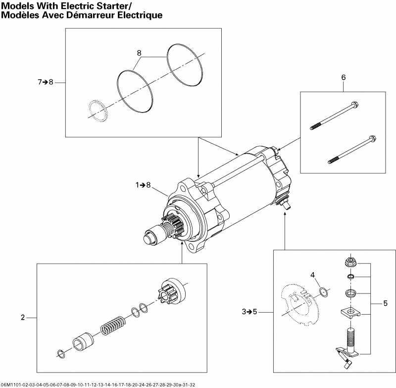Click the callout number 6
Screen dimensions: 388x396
pyautogui.click(x=343, y=77)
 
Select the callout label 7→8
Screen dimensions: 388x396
pyautogui.click(x=45, y=82)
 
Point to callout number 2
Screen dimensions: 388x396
pyautogui.click(x=22, y=318)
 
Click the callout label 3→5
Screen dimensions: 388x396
pyautogui.click(x=250, y=312)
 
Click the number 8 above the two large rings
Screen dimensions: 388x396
pyautogui.click(x=139, y=52)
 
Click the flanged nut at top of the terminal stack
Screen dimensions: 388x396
pyautogui.click(x=349, y=260)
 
